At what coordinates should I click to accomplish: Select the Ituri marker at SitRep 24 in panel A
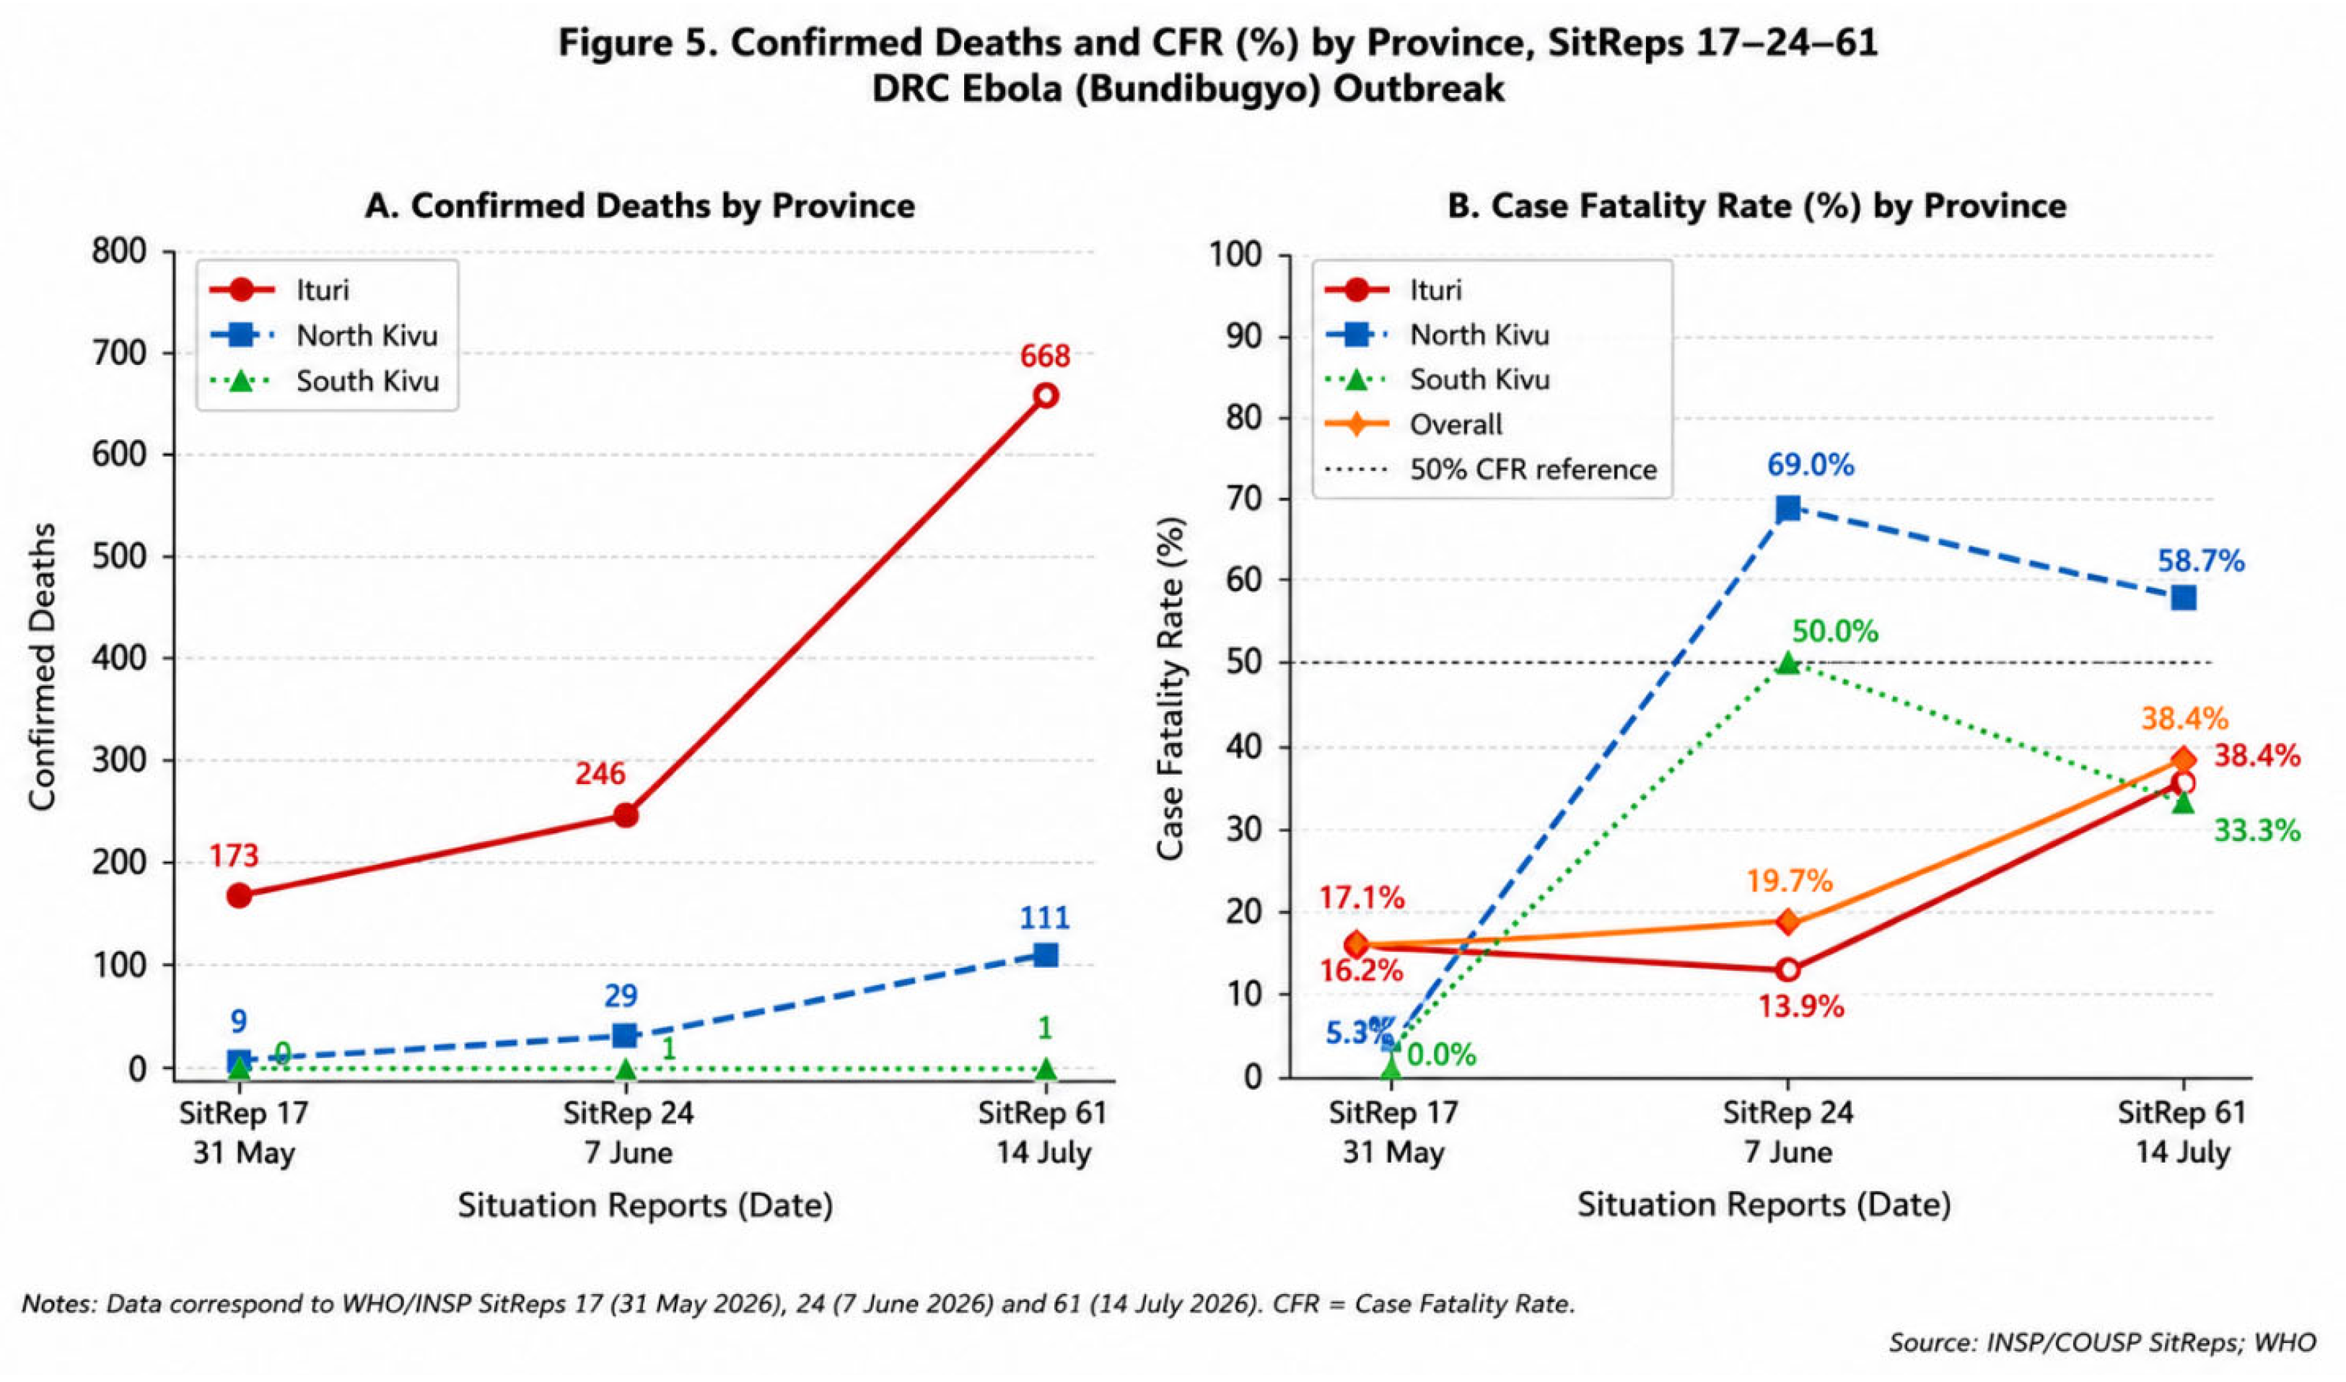626,815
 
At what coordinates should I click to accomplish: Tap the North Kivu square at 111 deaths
1046,954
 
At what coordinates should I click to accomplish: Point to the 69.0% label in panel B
1811,465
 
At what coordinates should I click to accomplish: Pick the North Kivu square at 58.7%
2183,598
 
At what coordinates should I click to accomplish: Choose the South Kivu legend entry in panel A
325,381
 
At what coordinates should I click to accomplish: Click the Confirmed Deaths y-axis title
42,666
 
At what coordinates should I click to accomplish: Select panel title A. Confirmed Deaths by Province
639,205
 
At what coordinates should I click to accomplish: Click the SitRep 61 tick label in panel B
2182,1112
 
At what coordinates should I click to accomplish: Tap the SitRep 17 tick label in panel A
243,1112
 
